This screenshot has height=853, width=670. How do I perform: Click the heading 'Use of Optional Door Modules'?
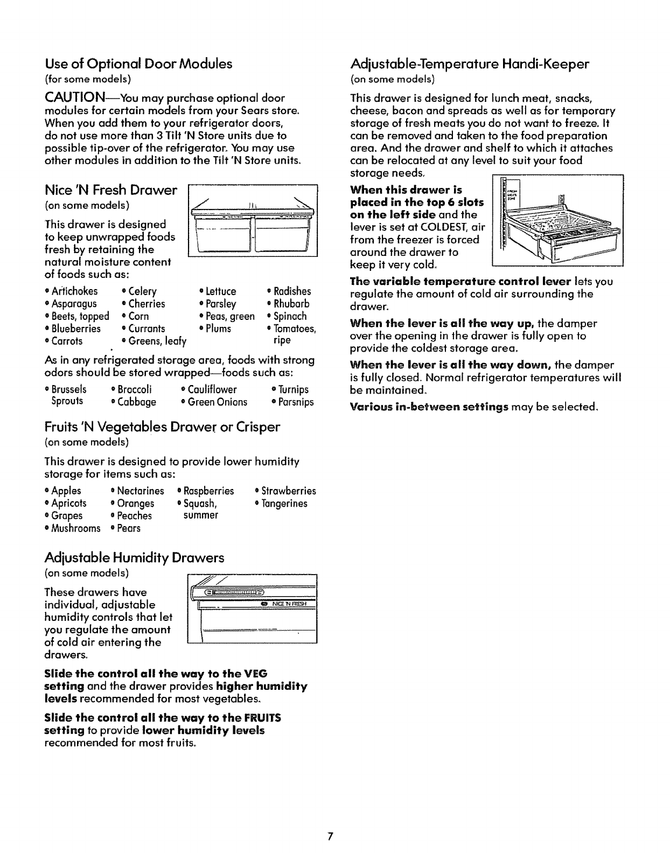click(138, 64)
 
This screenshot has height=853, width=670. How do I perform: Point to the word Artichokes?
click(75, 291)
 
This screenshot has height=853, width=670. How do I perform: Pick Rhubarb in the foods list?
click(291, 304)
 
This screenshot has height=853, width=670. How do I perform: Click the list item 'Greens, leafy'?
click(157, 341)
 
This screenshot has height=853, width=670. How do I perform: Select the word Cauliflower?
click(212, 389)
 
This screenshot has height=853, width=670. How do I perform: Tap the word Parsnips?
click(294, 402)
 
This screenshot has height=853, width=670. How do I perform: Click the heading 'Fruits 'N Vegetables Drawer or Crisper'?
click(162, 428)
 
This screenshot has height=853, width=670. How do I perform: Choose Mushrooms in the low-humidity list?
click(76, 528)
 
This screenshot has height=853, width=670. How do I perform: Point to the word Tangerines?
click(284, 504)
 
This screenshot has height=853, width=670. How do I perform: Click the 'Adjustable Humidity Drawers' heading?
click(134, 558)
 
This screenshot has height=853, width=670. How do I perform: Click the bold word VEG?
click(256, 674)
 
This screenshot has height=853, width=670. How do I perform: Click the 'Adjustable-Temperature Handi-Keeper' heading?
click(470, 64)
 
